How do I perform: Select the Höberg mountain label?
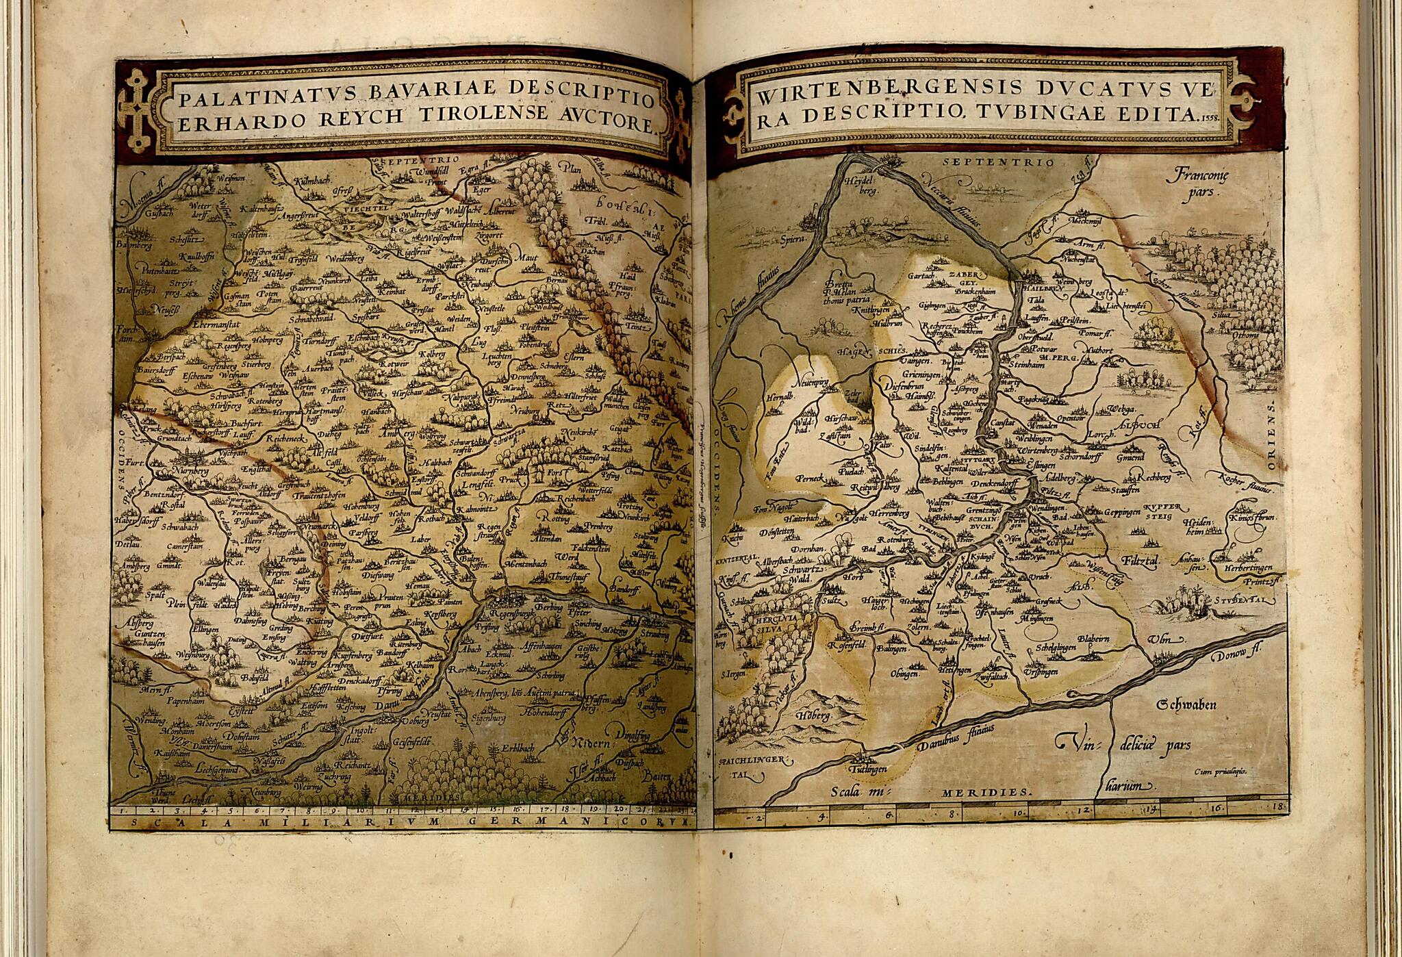(814, 715)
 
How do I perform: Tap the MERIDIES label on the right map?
(985, 792)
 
